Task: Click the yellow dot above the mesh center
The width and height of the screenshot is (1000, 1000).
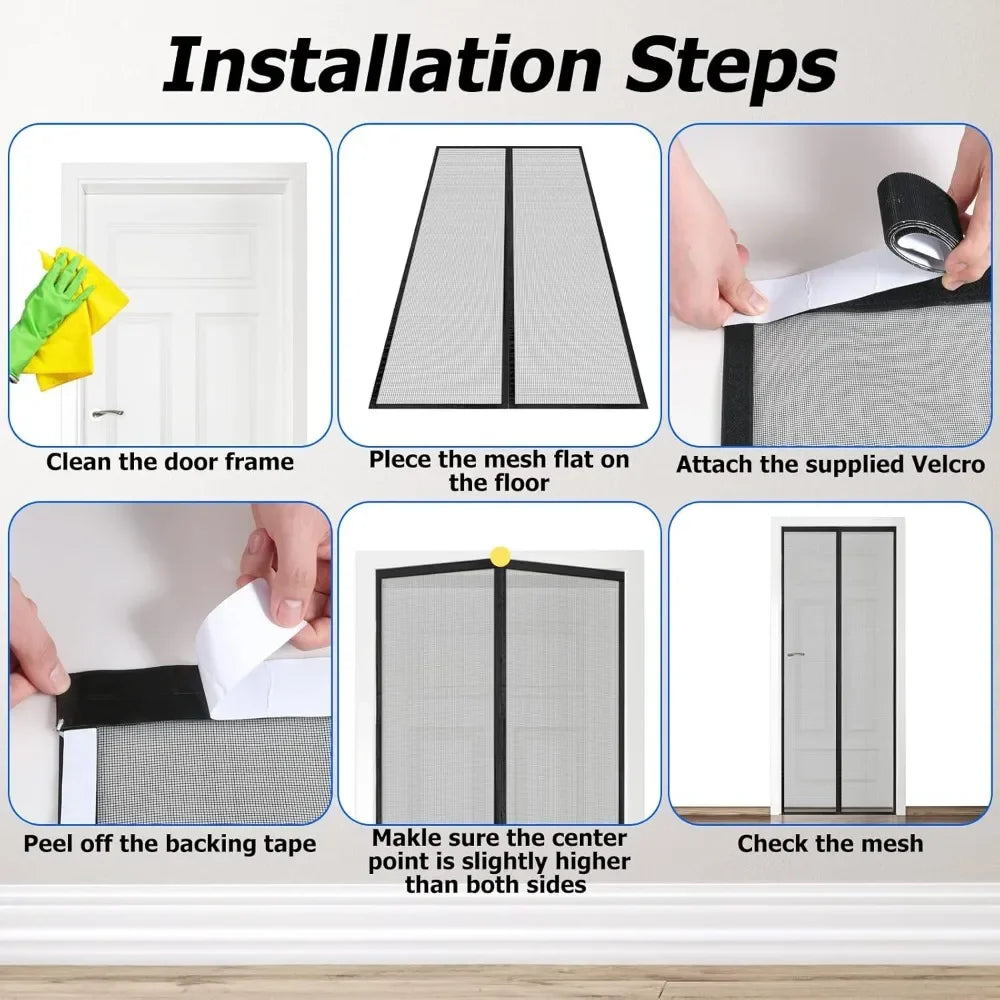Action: coord(499,554)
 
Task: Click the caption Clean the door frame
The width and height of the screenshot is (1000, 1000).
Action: coord(170,462)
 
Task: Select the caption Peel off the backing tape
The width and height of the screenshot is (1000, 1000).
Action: coord(170,844)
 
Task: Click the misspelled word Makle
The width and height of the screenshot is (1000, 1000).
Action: coord(409,838)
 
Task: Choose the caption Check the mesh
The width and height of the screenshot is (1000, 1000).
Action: coord(830,844)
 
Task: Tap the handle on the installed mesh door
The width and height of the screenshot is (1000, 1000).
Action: coord(795,655)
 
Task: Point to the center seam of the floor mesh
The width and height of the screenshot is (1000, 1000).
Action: coord(508,280)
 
